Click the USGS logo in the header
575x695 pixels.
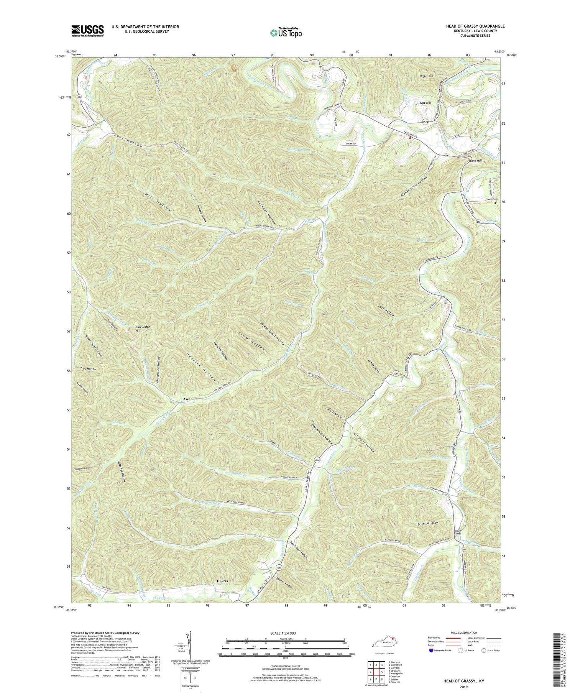coord(87,30)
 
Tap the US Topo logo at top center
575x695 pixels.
coord(286,33)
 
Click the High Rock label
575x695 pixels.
coord(426,76)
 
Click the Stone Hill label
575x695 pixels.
coord(475,161)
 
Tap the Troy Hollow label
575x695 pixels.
coord(88,369)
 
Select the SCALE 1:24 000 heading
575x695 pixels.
coord(285,633)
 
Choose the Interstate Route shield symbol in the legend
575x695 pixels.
coord(431,651)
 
